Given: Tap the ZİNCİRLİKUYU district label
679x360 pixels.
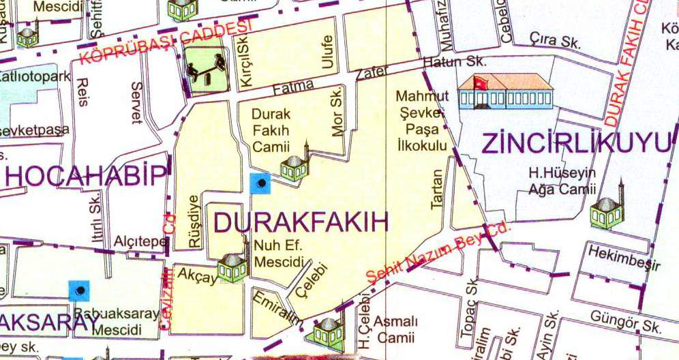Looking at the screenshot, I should click(576, 144).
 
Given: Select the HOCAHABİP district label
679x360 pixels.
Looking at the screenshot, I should click(86, 176).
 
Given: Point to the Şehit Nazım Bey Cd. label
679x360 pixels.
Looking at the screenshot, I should click(438, 253).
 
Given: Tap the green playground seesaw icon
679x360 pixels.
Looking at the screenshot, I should click(205, 71).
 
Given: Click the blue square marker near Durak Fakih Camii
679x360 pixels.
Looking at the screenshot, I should click(260, 183).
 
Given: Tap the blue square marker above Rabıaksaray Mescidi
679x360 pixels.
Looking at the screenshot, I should click(80, 291).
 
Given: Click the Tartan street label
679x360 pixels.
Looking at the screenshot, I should click(437, 188).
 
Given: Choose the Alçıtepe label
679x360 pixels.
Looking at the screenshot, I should click(140, 242).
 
